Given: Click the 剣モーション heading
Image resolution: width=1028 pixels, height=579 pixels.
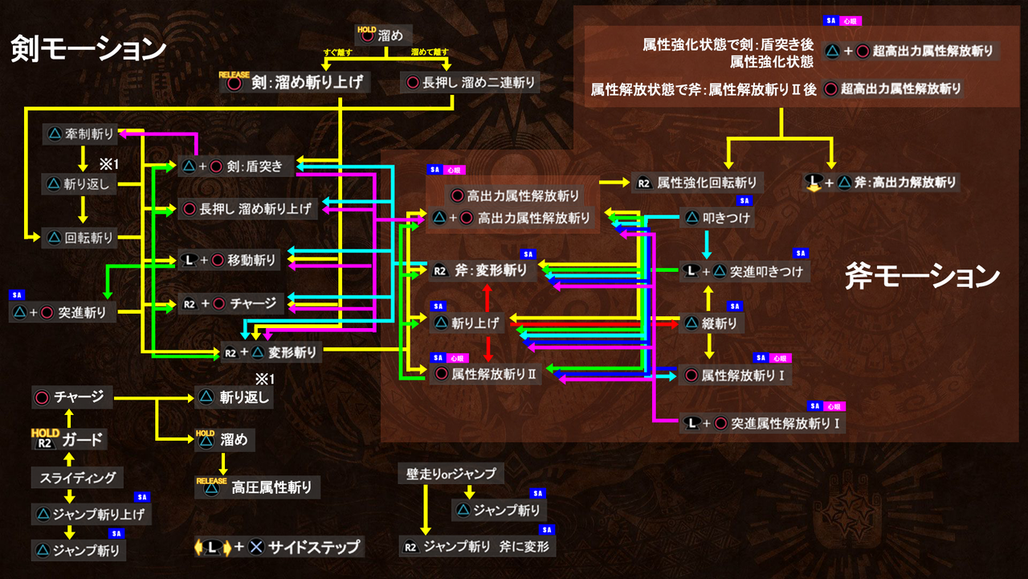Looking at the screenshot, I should (x=88, y=49).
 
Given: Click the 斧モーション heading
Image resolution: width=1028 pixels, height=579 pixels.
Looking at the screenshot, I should (x=921, y=277).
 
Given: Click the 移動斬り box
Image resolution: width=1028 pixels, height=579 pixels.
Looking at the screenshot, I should (x=230, y=261).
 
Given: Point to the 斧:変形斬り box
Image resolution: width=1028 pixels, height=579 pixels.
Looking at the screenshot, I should (x=481, y=271).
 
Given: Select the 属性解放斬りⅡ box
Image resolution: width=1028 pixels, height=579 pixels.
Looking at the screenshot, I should (x=487, y=375).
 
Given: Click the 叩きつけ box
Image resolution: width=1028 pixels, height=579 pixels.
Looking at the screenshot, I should (x=719, y=218).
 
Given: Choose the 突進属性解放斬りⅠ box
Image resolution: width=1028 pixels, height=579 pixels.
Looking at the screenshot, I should (x=763, y=422).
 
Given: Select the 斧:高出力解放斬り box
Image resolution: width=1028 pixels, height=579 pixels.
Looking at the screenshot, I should (x=883, y=183).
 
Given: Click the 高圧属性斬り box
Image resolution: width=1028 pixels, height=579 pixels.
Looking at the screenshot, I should (x=257, y=487).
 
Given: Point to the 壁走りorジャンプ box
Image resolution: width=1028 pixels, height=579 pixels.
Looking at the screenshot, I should (x=451, y=474).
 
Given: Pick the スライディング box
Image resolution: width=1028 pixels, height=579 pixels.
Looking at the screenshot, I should (x=78, y=478).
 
